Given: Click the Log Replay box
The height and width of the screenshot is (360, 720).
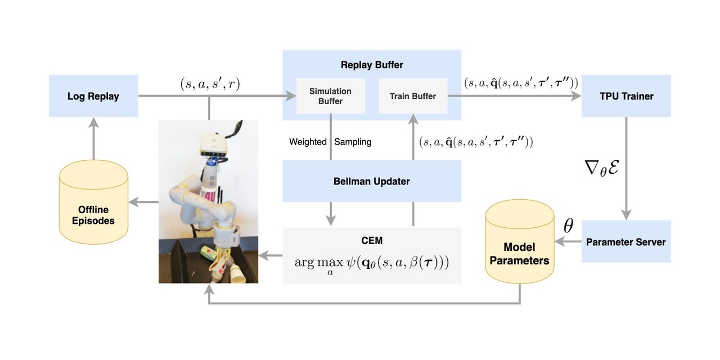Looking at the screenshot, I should (93, 96).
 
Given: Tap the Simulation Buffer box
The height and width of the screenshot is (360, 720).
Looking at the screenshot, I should (331, 96).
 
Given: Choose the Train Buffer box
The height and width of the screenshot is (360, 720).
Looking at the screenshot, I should (413, 96).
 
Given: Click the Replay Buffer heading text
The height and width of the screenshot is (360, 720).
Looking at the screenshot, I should (372, 65).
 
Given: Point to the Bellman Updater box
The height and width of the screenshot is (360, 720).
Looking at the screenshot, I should (372, 181).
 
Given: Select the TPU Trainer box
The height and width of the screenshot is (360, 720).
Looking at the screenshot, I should (626, 96).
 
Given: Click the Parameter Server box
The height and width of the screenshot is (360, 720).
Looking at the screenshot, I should (626, 242).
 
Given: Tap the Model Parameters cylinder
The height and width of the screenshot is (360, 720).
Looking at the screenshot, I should (519, 247).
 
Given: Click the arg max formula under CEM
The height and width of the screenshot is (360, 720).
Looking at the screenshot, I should (372, 263).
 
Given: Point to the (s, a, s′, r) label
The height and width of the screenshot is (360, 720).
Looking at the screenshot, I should (209, 84).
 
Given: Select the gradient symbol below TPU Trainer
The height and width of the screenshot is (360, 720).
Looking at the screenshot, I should (602, 168).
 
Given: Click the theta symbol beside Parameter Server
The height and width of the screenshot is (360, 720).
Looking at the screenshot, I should (568, 226).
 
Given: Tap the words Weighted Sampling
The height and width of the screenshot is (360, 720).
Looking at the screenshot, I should (330, 142).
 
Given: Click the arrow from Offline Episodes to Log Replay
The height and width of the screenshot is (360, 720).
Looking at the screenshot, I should (93, 141).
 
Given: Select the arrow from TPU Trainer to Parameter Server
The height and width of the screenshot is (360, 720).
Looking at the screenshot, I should (626, 169).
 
